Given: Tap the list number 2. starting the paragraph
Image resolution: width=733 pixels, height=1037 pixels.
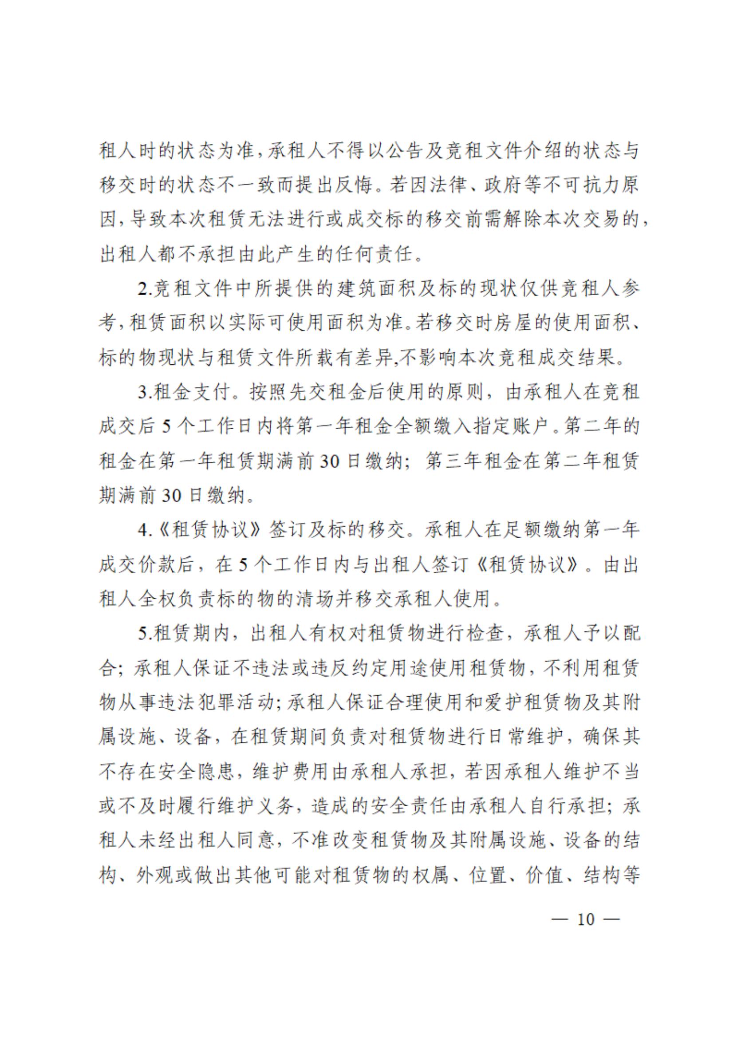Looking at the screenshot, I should pos(146,289).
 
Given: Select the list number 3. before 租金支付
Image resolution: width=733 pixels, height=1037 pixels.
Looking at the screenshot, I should pos(146,392).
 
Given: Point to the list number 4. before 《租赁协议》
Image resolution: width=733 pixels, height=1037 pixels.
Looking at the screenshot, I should pos(146,530).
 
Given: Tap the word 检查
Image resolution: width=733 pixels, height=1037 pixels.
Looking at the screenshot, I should pos(484,634).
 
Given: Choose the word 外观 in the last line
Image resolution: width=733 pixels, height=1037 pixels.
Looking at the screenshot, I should pos(156,875).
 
